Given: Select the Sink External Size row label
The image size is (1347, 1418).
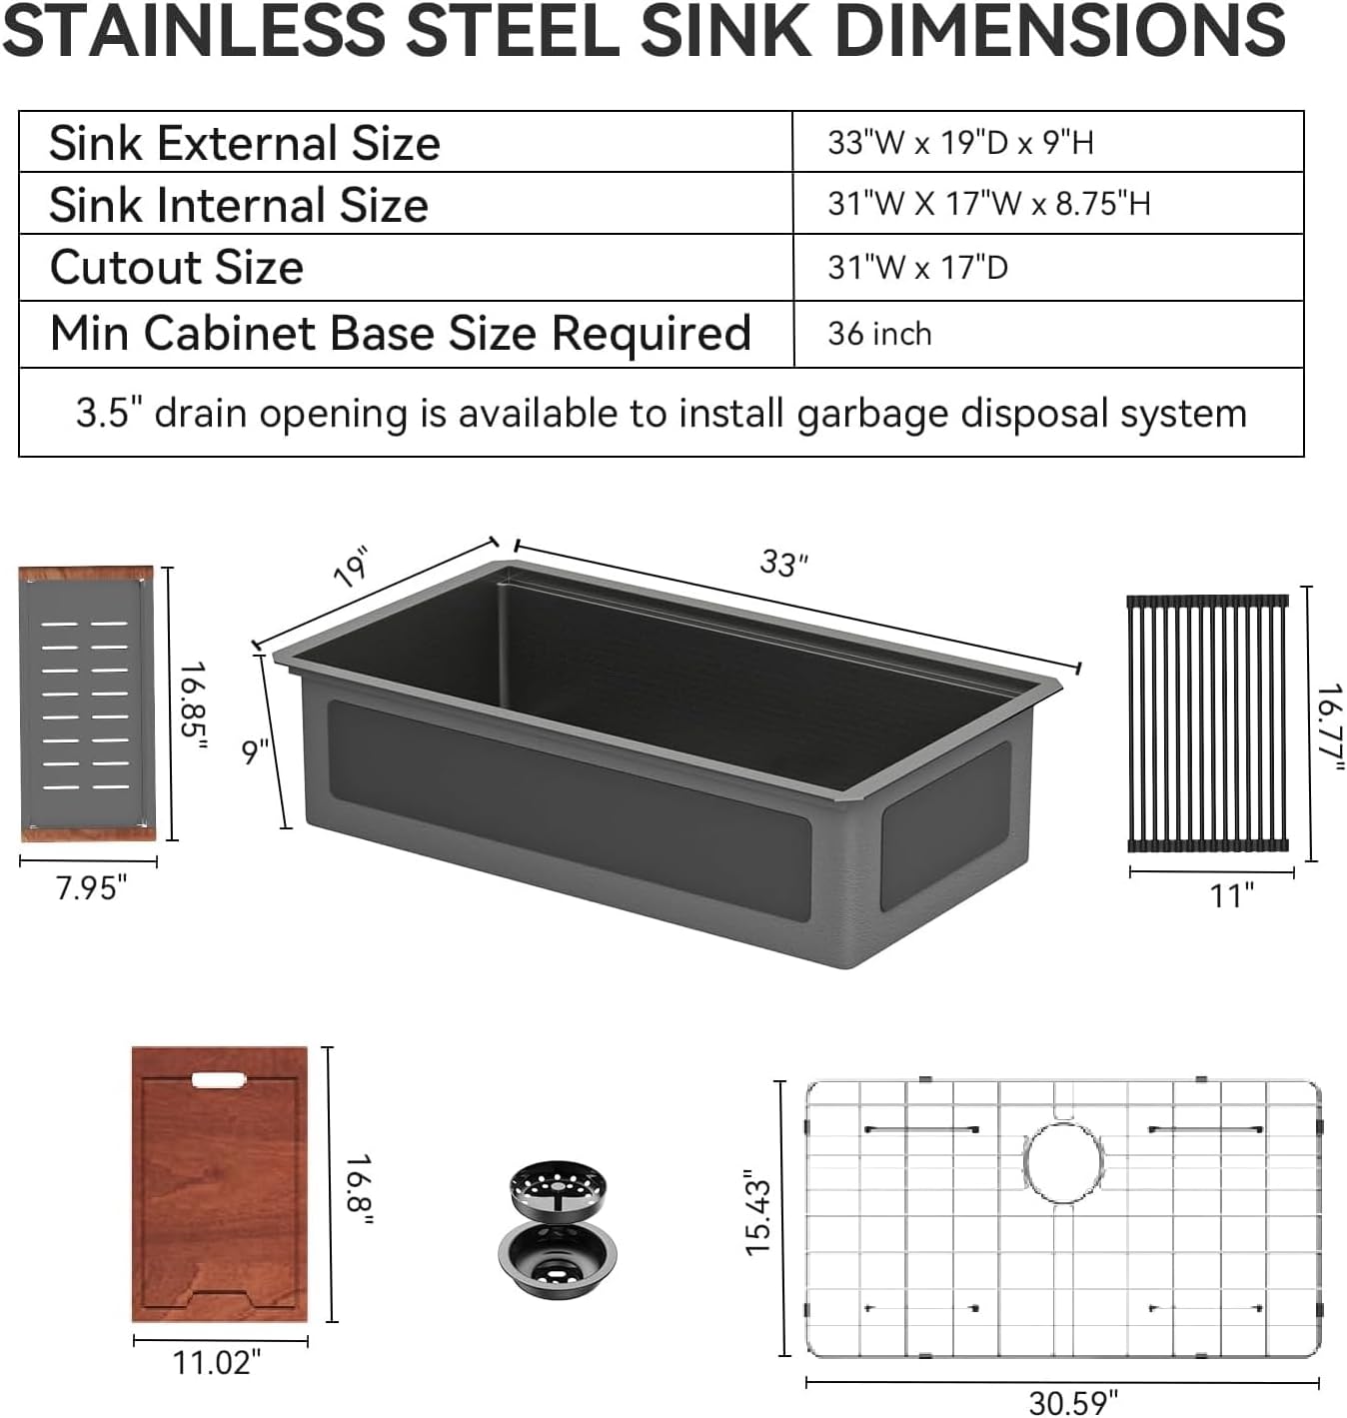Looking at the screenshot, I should click(245, 143).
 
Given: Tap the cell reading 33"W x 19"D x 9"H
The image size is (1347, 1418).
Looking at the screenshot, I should click(960, 143).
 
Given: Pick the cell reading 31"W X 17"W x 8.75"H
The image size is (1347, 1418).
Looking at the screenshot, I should click(988, 204).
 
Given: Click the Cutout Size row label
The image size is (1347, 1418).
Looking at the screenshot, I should click(177, 268).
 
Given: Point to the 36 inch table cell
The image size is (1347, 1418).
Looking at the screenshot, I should click(879, 334).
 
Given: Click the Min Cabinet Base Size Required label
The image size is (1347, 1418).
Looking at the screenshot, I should click(400, 334).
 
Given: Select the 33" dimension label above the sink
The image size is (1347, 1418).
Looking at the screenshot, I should click(783, 563).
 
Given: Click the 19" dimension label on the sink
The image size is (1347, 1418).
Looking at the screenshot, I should click(352, 567).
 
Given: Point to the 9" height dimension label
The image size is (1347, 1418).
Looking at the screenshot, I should click(256, 750).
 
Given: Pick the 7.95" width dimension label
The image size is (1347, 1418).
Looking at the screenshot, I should click(91, 887).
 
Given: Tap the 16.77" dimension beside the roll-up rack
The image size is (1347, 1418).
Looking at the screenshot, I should click(1329, 726).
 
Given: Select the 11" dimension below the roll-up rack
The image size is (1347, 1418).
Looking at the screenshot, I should click(1231, 895).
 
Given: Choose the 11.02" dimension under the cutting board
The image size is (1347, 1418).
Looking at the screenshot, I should click(217, 1362).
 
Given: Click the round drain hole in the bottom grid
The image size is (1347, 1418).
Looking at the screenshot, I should click(1063, 1163).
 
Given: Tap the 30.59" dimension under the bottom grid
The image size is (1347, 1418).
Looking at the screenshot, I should click(1073, 1402).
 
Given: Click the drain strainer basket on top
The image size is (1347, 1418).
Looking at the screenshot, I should click(558, 1188).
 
